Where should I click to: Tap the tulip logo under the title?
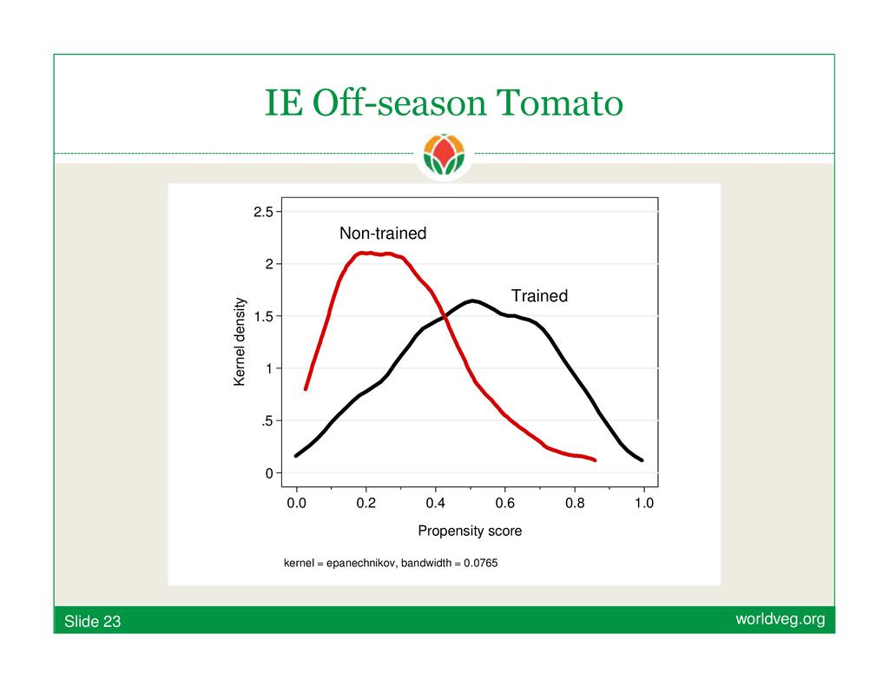click(444, 154)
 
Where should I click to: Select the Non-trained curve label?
click(383, 233)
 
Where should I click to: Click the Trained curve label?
click(539, 295)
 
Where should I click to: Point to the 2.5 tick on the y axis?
click(263, 212)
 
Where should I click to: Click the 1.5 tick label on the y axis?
click(263, 316)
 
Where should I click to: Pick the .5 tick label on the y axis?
click(267, 421)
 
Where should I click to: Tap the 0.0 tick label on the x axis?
click(297, 503)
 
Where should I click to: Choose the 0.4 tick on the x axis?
click(436, 503)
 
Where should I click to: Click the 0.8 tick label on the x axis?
click(575, 503)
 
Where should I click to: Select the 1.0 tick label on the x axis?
click(644, 503)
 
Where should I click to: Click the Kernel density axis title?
click(240, 341)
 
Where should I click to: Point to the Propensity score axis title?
click(470, 531)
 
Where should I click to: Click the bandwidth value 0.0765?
click(481, 563)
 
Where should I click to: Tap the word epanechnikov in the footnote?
click(361, 564)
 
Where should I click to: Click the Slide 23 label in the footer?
click(92, 621)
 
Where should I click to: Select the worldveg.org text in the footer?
click(780, 619)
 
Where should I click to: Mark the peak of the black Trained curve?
click(472, 301)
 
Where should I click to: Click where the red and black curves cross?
click(444, 318)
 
